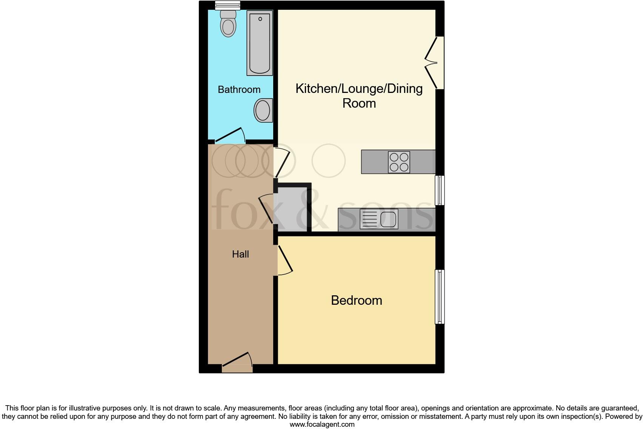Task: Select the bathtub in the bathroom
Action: (x=260, y=43)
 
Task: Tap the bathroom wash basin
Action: (x=263, y=111)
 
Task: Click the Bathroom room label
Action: (x=239, y=90)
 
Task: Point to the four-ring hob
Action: (x=399, y=162)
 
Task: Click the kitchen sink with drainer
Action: (x=379, y=219)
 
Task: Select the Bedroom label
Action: (x=357, y=300)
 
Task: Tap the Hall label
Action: (x=240, y=254)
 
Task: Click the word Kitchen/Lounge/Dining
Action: (x=359, y=88)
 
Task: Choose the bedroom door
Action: (x=285, y=260)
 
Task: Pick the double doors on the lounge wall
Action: (x=435, y=63)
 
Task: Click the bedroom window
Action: (x=440, y=296)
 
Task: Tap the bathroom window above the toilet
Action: (x=228, y=5)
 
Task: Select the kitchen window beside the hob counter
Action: (x=440, y=190)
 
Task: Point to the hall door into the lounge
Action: (x=282, y=162)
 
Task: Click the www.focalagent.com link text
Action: (x=322, y=424)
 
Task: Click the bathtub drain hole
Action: (x=260, y=19)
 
